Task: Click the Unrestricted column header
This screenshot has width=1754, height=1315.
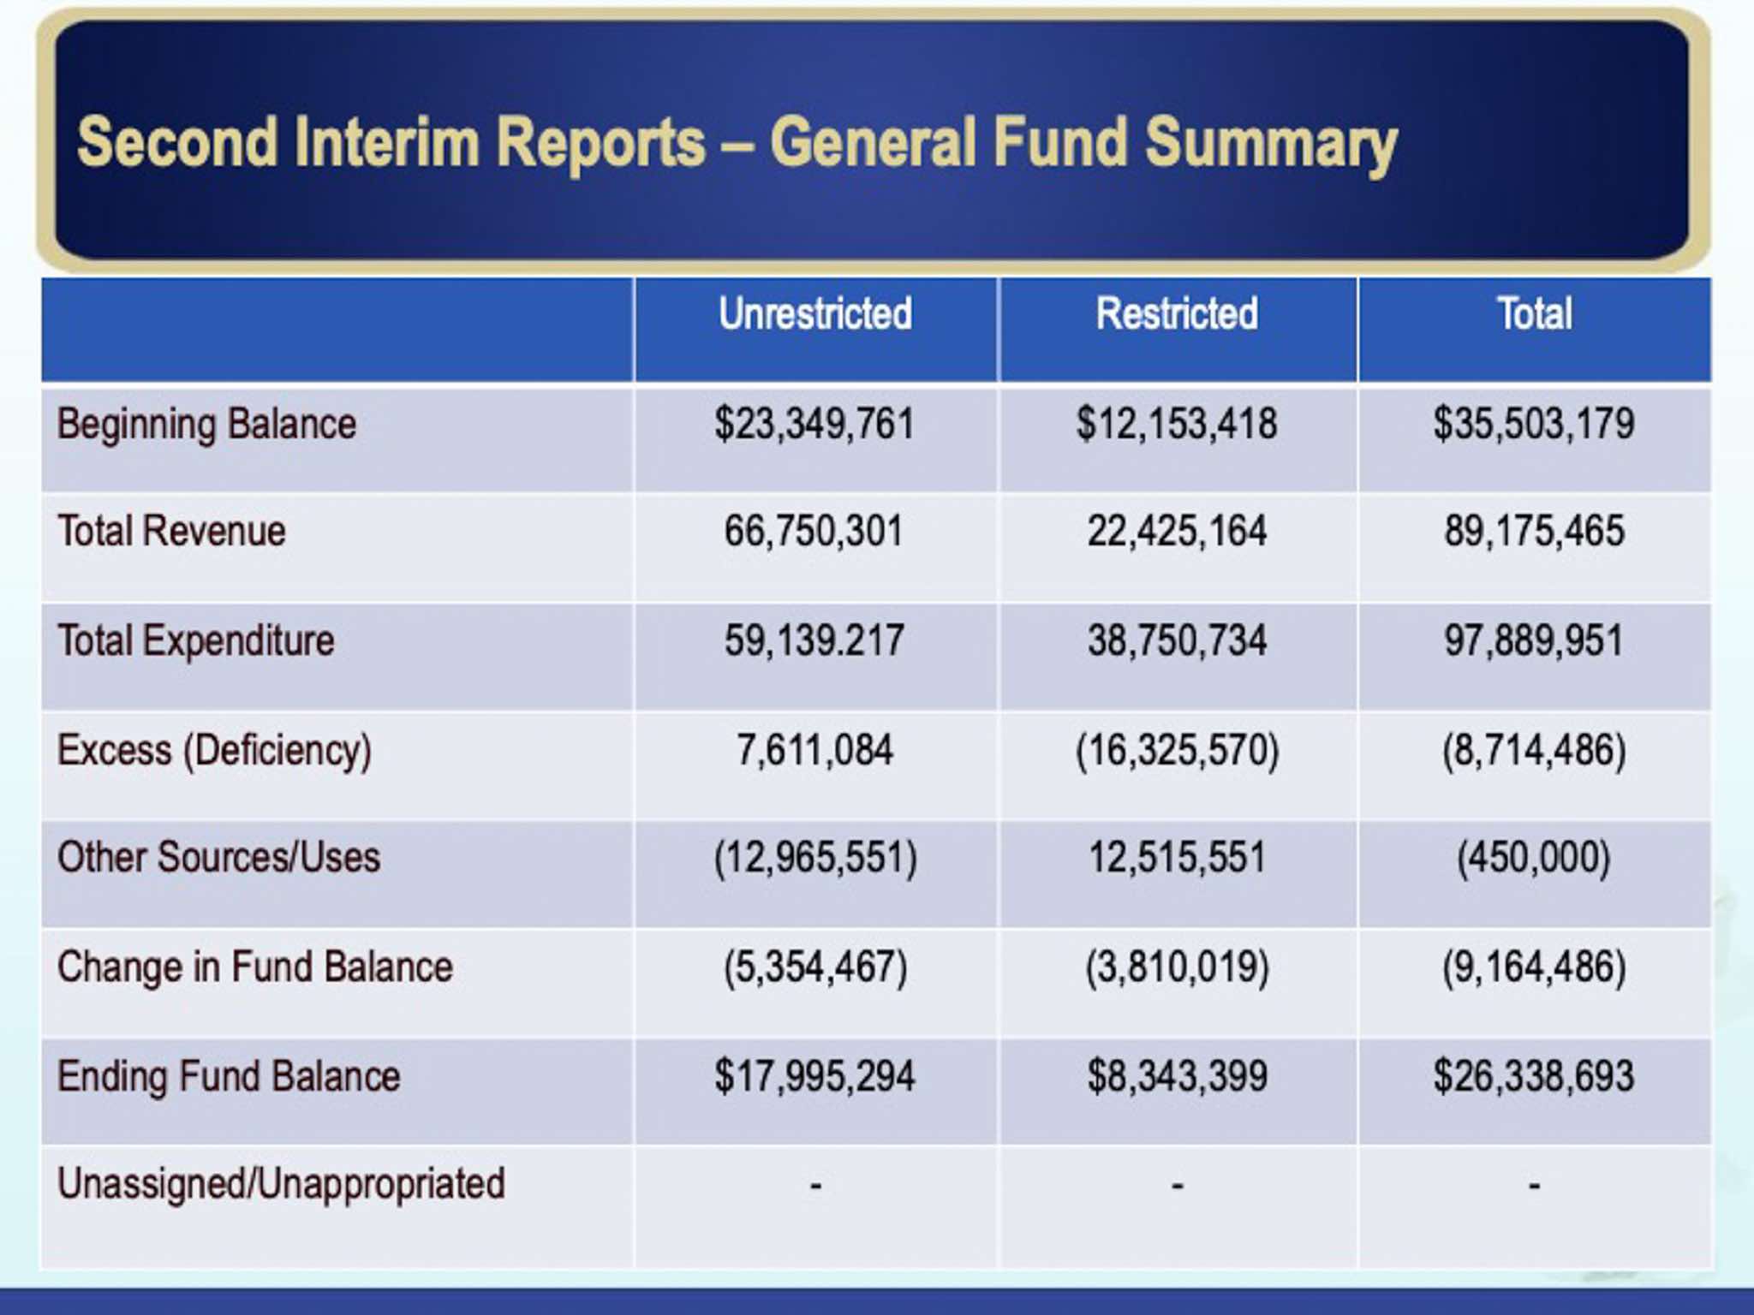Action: tap(814, 313)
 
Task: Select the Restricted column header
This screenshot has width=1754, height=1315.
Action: tap(1177, 313)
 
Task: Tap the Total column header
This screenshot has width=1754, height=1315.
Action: tap(1534, 313)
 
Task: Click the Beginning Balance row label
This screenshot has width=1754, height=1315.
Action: tap(206, 425)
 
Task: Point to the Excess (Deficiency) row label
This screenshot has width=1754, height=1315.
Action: tap(214, 751)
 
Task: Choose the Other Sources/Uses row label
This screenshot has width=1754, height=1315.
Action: tap(218, 858)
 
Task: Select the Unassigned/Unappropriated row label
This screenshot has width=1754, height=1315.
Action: tap(281, 1185)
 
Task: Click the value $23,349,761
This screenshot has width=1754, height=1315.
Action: tap(814, 425)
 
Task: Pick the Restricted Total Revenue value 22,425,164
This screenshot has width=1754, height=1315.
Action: tap(1177, 532)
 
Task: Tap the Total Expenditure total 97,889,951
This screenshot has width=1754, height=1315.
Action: tap(1534, 641)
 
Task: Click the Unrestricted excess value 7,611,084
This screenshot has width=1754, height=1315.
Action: tap(814, 751)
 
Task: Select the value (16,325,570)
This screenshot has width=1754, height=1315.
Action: tap(1177, 751)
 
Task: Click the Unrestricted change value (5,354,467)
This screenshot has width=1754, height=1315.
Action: tap(814, 967)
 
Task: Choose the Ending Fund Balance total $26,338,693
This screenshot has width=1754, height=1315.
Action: tap(1534, 1077)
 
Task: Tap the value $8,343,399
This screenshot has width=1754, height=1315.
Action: tap(1177, 1077)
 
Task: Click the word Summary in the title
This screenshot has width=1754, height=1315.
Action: tap(1271, 144)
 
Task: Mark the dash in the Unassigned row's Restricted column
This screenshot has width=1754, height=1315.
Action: tap(1178, 1187)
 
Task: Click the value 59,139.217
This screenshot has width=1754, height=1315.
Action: tap(814, 641)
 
